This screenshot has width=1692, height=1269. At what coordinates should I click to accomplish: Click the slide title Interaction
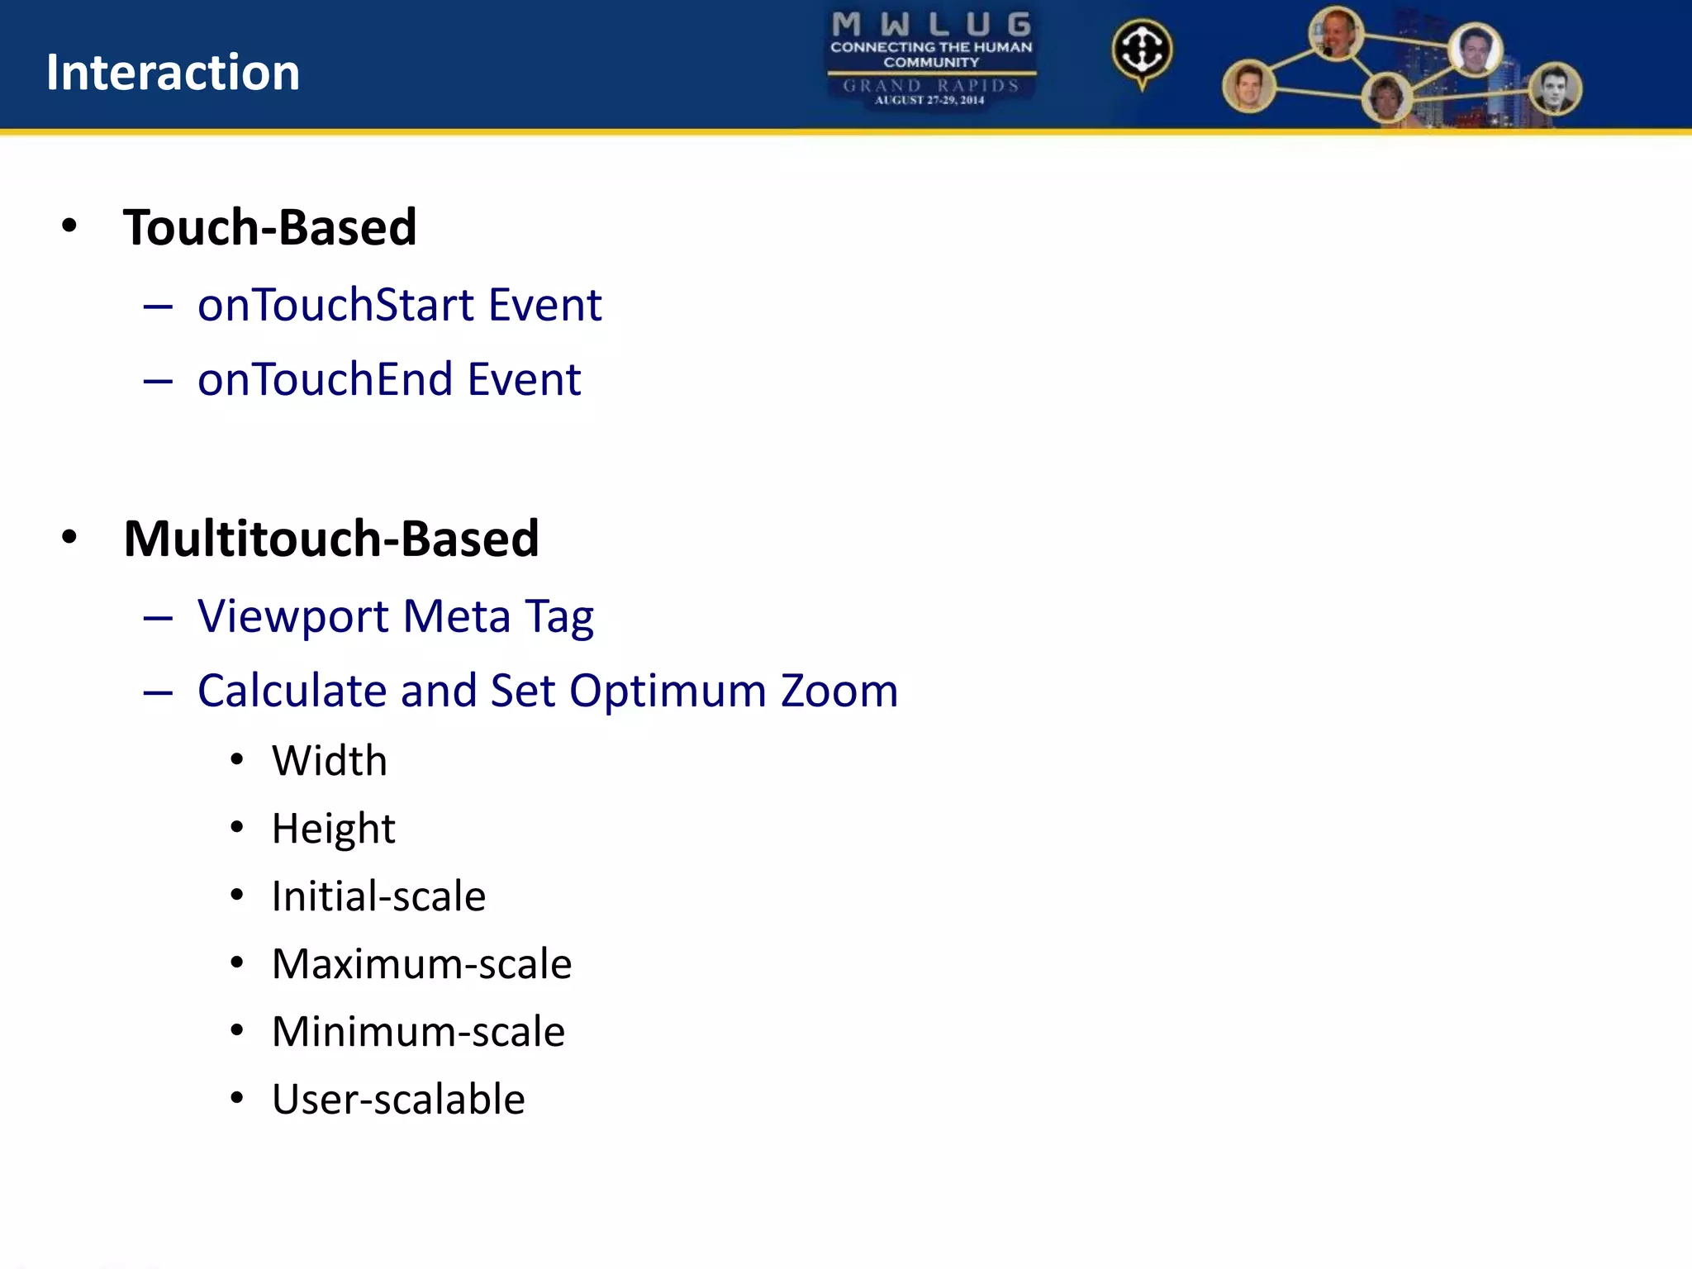(x=173, y=73)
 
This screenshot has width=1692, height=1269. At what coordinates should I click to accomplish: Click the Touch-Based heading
(x=269, y=227)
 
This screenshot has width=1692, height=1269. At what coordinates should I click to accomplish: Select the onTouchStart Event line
(x=399, y=305)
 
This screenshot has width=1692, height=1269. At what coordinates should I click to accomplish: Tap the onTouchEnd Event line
(x=389, y=379)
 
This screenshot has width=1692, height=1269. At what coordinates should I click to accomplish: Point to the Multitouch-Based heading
(x=330, y=539)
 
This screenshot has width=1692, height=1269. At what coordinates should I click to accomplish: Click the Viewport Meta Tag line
(x=395, y=616)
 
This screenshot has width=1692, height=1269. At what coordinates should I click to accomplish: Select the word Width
(x=329, y=760)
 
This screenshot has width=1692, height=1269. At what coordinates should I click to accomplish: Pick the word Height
(x=333, y=829)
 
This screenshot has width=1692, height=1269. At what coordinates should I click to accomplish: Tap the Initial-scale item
(x=378, y=896)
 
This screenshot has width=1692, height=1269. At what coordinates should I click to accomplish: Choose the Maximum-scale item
(x=421, y=964)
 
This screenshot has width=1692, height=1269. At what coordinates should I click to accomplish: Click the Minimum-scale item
(x=418, y=1032)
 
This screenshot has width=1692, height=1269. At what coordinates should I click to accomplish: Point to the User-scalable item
(x=398, y=1100)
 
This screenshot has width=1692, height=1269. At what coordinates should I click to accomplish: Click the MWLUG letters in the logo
(x=931, y=24)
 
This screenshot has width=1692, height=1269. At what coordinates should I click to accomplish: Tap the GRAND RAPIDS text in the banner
(x=931, y=85)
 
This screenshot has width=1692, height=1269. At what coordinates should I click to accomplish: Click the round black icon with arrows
(x=1142, y=50)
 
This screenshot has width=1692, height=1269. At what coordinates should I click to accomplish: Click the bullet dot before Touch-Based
(x=69, y=226)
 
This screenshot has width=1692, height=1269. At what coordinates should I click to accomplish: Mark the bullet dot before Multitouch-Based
(x=69, y=537)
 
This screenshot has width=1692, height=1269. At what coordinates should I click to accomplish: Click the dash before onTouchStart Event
(x=157, y=307)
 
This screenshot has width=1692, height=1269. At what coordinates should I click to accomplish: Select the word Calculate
(x=292, y=691)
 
